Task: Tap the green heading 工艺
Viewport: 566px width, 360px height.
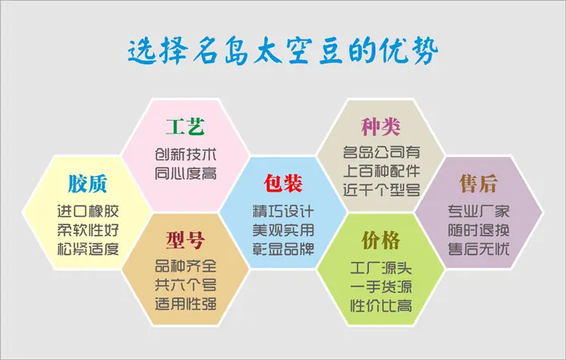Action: (x=186, y=126)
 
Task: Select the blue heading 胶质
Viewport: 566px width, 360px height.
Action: (x=88, y=183)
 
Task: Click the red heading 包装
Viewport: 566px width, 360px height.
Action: (x=283, y=183)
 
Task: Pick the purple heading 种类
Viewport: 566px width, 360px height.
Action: (x=381, y=127)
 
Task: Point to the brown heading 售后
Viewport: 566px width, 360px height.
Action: (x=479, y=183)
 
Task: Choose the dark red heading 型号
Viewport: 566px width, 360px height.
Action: (x=186, y=240)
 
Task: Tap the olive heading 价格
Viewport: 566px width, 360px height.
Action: (x=381, y=240)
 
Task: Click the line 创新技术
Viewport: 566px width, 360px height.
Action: (x=186, y=155)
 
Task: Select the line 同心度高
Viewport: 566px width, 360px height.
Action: (x=186, y=174)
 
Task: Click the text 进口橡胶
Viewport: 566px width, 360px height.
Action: (x=88, y=211)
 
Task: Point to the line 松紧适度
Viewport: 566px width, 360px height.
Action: (x=88, y=249)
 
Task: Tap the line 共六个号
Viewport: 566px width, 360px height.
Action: (x=186, y=285)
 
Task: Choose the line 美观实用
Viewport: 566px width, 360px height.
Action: (x=283, y=230)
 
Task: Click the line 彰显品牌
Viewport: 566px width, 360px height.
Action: (x=283, y=249)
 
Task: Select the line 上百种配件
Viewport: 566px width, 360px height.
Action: (x=381, y=171)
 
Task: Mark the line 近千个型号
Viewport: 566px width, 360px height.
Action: (x=381, y=189)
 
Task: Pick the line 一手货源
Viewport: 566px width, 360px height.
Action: (x=381, y=287)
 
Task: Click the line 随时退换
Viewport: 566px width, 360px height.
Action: (x=479, y=230)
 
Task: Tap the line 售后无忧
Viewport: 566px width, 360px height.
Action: (x=479, y=249)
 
